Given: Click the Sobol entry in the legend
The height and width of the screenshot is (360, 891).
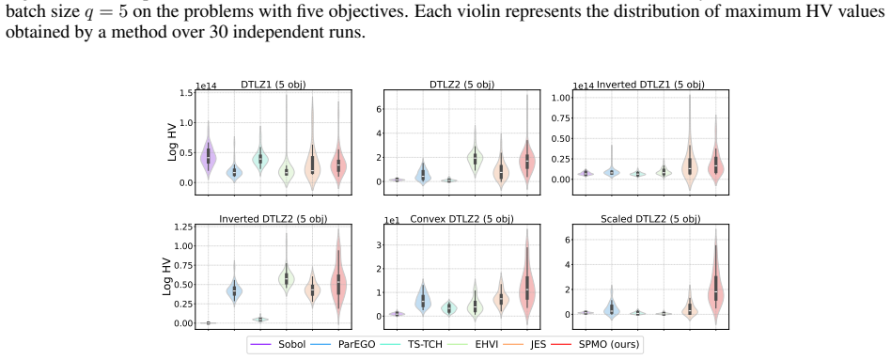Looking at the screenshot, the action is pos(278,345).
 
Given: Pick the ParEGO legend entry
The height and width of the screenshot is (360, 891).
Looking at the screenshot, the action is pos(343,345).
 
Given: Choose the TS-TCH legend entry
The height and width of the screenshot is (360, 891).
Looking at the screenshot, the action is pos(408,345).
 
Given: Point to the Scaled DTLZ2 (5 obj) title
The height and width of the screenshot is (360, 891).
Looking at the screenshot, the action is pos(650,219).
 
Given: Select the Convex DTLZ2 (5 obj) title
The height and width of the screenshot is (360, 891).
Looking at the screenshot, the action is pos(461,219).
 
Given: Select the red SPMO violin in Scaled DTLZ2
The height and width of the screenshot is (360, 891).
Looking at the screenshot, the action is pos(715,278).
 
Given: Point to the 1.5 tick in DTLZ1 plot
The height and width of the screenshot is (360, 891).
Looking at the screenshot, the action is pos(185,93).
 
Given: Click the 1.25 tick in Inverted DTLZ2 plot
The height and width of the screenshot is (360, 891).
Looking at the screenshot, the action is pos(182,227).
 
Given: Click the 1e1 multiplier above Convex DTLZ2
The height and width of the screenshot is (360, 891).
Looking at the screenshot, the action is pos(393,220).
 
